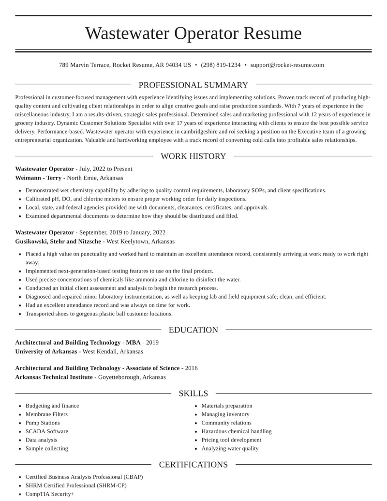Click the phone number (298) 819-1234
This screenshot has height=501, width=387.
[x=221, y=65]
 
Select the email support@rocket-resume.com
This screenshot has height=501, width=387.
[x=287, y=65]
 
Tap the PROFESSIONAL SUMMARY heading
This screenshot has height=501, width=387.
[x=193, y=85]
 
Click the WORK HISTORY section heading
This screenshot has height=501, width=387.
[x=193, y=156]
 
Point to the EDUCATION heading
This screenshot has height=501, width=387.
[x=193, y=330]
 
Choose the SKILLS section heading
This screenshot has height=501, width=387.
[x=193, y=394]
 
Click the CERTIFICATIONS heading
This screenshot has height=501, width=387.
[x=193, y=465]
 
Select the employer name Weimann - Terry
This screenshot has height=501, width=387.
[x=38, y=178]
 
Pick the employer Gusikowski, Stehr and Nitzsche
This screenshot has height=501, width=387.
[x=58, y=241]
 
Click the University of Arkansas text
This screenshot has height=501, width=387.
[x=46, y=351]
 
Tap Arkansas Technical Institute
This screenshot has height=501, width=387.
[x=54, y=377]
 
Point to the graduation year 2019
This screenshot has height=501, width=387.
[x=152, y=342]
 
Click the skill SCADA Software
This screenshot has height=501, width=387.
[x=46, y=431]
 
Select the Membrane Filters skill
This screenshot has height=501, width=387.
[x=46, y=414]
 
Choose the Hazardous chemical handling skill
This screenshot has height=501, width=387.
[x=236, y=431]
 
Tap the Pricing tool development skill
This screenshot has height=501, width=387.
[x=231, y=440]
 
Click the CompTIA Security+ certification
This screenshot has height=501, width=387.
[x=50, y=494]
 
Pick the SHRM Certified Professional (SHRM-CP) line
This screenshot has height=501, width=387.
[x=76, y=485]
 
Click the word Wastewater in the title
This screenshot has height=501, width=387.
[x=127, y=33]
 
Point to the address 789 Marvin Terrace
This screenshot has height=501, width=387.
[x=85, y=65]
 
